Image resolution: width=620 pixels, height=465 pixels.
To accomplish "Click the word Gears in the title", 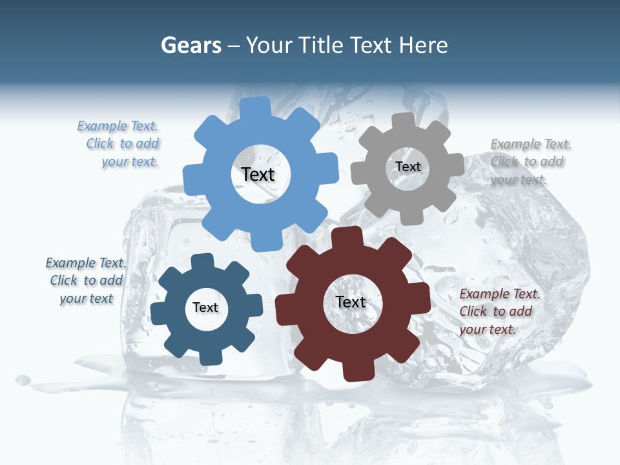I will (191, 45).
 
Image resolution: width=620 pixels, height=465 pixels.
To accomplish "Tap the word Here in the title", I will (424, 45).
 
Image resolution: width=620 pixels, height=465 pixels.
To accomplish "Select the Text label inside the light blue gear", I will (258, 174).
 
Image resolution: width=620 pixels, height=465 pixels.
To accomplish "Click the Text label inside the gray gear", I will (408, 167).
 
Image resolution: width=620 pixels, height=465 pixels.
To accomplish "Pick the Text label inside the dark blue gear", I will (205, 307).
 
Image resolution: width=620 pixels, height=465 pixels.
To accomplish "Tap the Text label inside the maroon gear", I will (351, 302).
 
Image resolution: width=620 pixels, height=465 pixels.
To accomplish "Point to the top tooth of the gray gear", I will (403, 121).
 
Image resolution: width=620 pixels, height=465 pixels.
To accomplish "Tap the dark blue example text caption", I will (86, 280).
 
